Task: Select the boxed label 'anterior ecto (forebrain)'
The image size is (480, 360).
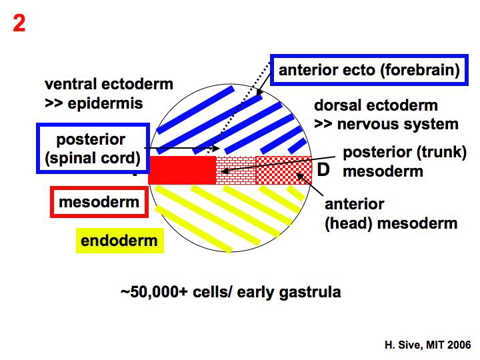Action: [369, 70]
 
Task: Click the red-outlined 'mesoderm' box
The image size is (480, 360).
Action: [99, 202]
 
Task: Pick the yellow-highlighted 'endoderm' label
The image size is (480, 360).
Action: [119, 240]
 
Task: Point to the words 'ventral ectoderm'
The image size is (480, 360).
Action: [109, 85]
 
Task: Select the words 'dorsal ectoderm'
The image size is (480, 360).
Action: [376, 105]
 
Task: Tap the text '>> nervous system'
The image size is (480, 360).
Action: [386, 124]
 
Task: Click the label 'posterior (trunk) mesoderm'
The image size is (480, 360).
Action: [404, 161]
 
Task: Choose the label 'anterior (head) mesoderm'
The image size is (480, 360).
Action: [390, 213]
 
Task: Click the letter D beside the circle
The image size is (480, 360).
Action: [323, 170]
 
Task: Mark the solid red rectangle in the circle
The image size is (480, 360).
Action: [182, 170]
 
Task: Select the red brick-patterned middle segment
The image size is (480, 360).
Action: [237, 170]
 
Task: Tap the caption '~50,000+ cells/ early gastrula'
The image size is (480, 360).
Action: [230, 292]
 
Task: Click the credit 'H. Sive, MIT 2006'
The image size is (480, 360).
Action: [427, 345]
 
